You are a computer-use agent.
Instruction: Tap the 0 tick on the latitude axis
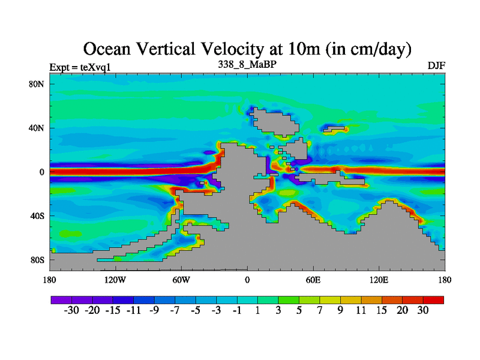[42, 172]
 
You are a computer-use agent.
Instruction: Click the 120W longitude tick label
[115, 280]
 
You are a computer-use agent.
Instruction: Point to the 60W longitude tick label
[181, 280]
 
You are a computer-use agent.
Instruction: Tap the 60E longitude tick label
[313, 280]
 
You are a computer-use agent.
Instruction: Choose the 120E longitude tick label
[379, 280]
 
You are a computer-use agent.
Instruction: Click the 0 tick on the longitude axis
[247, 280]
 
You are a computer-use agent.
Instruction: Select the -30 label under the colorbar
[71, 310]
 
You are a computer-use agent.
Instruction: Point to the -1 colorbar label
[237, 310]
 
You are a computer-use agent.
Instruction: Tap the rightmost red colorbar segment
[433, 299]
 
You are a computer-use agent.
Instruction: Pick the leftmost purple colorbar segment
[61, 299]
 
